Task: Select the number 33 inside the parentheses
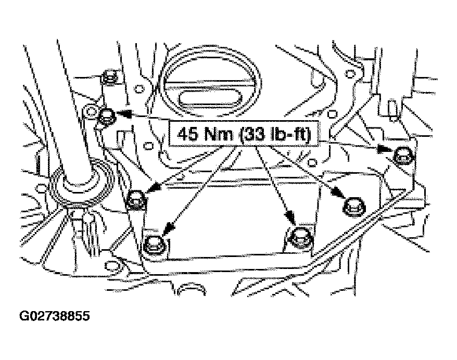(x=252, y=134)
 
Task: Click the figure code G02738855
(x=55, y=316)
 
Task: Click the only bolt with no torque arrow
(x=110, y=76)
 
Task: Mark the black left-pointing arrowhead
(x=124, y=113)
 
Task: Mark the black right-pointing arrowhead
(x=385, y=150)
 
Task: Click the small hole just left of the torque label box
(x=149, y=145)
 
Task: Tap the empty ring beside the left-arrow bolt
(x=90, y=112)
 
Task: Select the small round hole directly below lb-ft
(x=312, y=162)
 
